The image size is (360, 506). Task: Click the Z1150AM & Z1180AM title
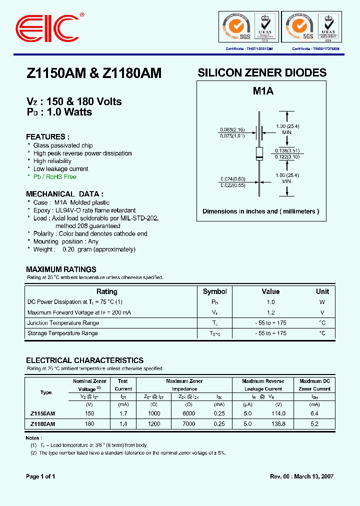pos(93,73)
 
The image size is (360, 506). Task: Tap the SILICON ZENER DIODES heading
pos(262,73)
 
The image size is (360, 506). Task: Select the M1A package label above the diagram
pos(262,91)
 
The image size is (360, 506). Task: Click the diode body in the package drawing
pos(259,153)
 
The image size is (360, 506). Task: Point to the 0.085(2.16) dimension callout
pos(232,129)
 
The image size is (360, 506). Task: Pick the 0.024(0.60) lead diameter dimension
pos(232,178)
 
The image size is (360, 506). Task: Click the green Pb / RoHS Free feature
pos(54,177)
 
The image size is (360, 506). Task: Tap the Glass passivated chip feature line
pos(62,145)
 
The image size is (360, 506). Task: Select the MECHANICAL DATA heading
pos(64,194)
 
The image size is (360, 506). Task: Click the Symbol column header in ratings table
pos(215,291)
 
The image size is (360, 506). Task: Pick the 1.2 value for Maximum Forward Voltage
pos(270,312)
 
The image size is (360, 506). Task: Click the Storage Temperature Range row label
pos(62,333)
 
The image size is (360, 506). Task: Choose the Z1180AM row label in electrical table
pos(43,423)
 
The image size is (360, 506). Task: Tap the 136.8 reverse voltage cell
pos(278,423)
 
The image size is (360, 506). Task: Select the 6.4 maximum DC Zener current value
pos(314,413)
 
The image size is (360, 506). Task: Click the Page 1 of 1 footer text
pos(40,476)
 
